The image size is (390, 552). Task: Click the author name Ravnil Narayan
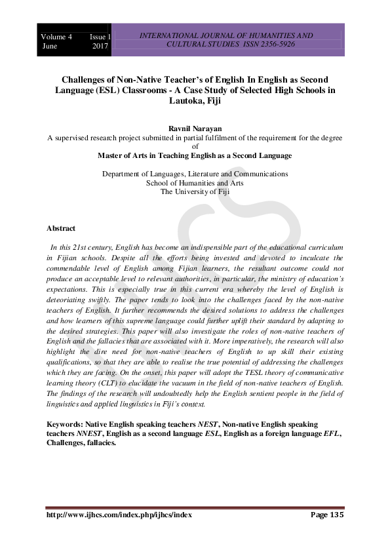pyautogui.click(x=195, y=130)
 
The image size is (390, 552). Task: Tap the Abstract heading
pyautogui.click(x=61, y=228)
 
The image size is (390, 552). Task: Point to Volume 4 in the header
pyautogui.click(x=56, y=37)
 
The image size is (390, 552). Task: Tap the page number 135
pyautogui.click(x=336, y=515)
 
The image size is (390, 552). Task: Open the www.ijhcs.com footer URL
pyautogui.click(x=119, y=515)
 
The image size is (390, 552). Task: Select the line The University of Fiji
pyautogui.click(x=195, y=191)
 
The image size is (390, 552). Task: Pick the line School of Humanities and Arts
pyautogui.click(x=195, y=183)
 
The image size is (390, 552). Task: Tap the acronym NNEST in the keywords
pyautogui.click(x=85, y=433)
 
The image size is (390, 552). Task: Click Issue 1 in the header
pyautogui.click(x=100, y=37)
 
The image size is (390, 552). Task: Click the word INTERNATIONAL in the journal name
pyautogui.click(x=167, y=35)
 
